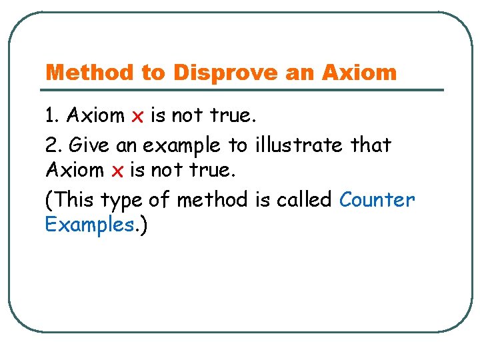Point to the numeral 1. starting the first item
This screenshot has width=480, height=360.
(52, 116)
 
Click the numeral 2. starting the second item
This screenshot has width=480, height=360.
(53, 144)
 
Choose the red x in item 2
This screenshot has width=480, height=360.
(117, 171)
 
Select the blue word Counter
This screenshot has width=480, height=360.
(377, 199)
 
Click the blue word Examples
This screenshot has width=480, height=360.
(89, 225)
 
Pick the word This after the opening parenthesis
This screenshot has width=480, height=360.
(73, 199)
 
